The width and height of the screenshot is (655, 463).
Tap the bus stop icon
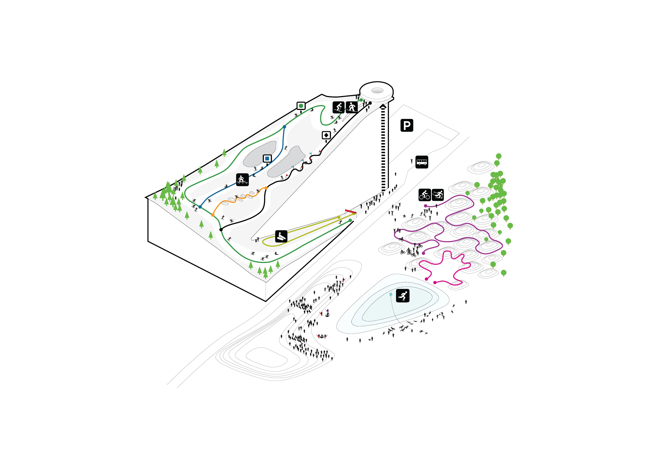[x=422, y=162]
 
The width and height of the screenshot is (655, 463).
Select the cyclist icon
[x=425, y=195]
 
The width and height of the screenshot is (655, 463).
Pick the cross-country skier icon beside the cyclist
[x=438, y=195]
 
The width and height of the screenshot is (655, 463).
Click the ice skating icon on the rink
[x=403, y=296]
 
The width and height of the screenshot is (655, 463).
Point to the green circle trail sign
[x=301, y=106]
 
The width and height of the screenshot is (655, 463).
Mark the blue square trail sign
[x=267, y=158]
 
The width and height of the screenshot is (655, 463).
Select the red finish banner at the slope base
[x=350, y=211]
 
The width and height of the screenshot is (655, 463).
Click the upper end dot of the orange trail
[x=266, y=188]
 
